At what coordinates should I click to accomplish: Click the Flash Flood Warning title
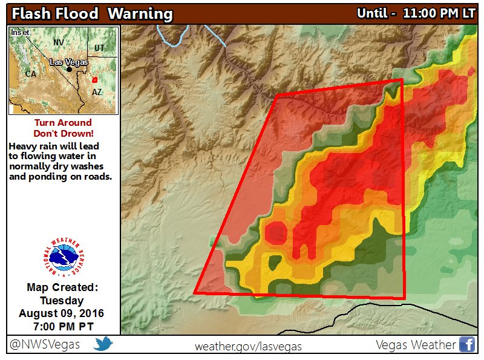pyautogui.click(x=91, y=14)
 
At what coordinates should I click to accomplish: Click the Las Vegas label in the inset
pyautogui.click(x=68, y=62)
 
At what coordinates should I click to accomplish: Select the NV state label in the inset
pyautogui.click(x=59, y=42)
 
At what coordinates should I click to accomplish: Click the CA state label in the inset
pyautogui.click(x=30, y=73)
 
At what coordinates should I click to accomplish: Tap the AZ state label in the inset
pyautogui.click(x=97, y=92)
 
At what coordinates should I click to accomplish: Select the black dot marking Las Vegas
pyautogui.click(x=70, y=69)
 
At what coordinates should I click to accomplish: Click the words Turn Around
pyautogui.click(x=63, y=123)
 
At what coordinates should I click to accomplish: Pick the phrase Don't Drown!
pyautogui.click(x=63, y=133)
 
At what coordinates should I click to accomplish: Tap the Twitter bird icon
pyautogui.click(x=103, y=344)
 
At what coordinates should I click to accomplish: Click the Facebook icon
pyautogui.click(x=466, y=344)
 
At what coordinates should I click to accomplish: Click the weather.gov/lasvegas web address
pyautogui.click(x=248, y=346)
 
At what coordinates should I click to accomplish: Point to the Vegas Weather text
pyautogui.click(x=415, y=344)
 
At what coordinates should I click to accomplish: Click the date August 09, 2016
pyautogui.click(x=62, y=313)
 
